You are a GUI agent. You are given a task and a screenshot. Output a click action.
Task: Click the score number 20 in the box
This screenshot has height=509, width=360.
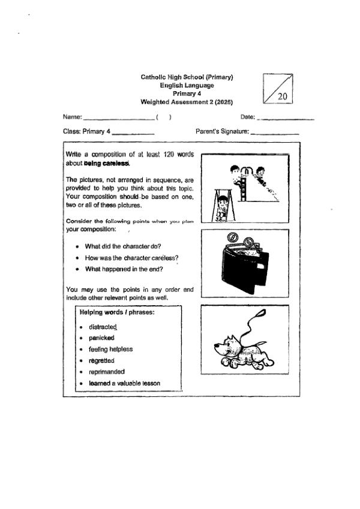(x=283, y=96)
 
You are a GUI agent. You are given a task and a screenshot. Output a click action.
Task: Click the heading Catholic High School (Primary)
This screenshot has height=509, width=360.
(x=187, y=77)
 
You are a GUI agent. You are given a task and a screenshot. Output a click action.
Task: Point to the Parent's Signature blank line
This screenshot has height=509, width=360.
(x=275, y=133)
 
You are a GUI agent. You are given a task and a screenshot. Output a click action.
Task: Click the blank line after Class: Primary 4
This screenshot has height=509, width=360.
(x=133, y=133)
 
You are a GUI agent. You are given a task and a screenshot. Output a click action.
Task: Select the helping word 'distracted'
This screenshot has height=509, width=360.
(x=103, y=327)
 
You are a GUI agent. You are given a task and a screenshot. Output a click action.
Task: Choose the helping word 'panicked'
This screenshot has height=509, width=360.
(x=101, y=338)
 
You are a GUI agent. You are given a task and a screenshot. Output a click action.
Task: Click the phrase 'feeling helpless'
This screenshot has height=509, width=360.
(x=110, y=349)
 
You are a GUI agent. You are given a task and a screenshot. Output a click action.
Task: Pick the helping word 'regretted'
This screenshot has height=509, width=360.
(x=101, y=360)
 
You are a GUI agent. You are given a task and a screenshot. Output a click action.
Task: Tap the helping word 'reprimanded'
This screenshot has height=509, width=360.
(x=106, y=372)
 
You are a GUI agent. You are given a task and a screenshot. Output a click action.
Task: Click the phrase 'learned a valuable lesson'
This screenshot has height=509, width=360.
(x=124, y=383)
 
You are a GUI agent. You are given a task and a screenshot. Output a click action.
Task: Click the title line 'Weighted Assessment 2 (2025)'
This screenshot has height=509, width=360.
(x=187, y=103)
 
